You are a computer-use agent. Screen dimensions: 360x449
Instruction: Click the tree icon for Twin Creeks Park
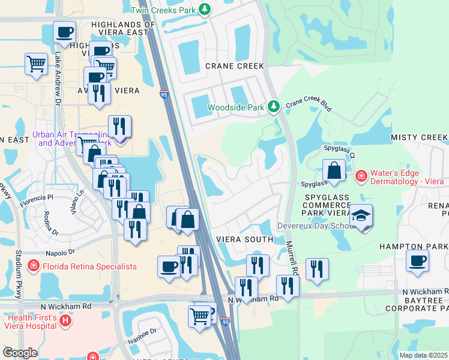click(205, 9)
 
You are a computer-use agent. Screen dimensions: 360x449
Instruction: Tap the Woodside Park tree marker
click(274, 107)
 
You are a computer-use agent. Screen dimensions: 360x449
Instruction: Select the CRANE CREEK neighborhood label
click(235, 66)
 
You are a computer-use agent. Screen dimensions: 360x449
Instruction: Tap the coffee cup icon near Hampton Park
click(417, 261)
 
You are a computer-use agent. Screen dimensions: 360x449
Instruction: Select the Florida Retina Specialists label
click(89, 266)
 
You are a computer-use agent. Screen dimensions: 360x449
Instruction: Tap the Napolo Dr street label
click(60, 253)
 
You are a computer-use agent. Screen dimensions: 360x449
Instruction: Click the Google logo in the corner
click(20, 353)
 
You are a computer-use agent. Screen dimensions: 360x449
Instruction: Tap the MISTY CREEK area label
click(419, 137)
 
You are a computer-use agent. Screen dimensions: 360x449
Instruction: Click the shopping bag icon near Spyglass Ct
click(334, 171)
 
